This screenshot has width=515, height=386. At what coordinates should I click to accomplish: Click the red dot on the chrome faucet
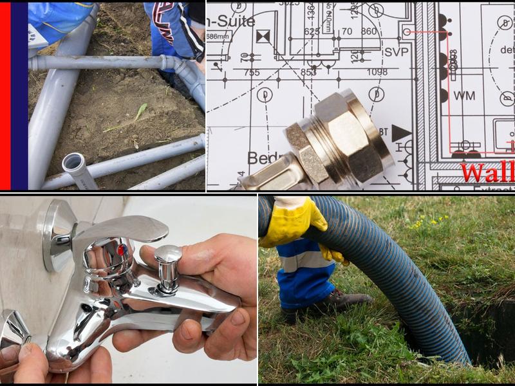121,249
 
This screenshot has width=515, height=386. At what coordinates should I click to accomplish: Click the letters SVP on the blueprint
397,52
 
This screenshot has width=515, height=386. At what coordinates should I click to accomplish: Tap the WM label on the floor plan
464,96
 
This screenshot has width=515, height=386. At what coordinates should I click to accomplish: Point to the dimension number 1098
377,72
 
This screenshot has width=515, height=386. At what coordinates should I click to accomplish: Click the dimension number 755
252,72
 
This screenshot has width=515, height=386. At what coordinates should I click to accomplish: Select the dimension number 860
369,31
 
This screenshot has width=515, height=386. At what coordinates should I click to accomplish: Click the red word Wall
487,172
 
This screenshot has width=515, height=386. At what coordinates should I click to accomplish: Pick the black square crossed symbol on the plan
263,37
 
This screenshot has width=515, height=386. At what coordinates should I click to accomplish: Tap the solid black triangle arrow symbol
401,133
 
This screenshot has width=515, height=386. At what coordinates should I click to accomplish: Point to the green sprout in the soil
137,115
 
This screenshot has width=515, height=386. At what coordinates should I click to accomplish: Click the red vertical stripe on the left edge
5,96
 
